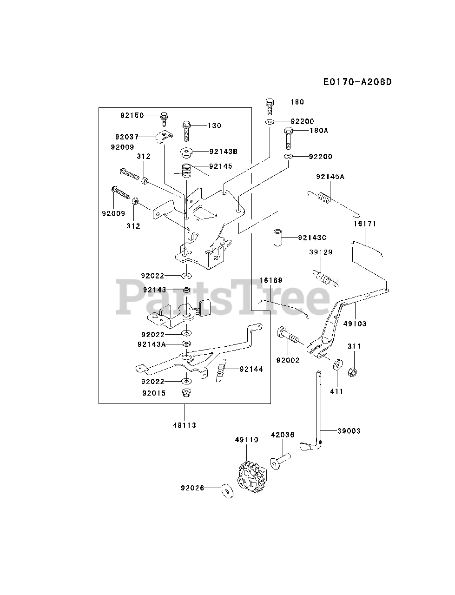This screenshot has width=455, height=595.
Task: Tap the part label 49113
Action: [185, 425]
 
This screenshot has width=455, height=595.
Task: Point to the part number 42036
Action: [282, 435]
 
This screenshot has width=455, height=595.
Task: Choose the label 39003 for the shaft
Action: [349, 431]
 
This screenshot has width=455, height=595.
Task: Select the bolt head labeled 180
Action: [270, 105]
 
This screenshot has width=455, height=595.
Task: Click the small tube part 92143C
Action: [278, 238]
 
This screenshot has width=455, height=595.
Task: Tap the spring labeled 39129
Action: [324, 278]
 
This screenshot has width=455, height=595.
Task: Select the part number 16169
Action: [271, 281]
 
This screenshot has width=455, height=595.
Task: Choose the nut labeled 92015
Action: [186, 393]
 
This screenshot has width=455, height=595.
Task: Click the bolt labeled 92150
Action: [164, 118]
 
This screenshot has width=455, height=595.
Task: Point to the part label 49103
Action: [356, 324]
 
